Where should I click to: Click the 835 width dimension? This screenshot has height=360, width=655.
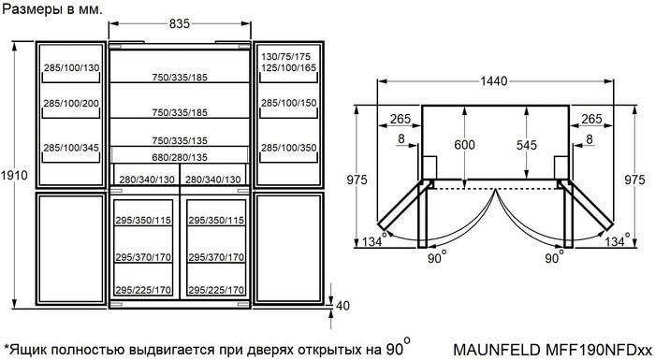180,23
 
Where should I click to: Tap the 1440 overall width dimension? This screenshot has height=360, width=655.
494,81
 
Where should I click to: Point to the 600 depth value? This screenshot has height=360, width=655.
464,145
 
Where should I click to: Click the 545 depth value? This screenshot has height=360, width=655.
526,145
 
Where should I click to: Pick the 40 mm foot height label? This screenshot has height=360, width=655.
342,306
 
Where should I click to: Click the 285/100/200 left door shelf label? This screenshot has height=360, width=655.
71,103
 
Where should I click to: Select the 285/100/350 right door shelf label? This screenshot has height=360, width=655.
288,148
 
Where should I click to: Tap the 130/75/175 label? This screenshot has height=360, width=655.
286,57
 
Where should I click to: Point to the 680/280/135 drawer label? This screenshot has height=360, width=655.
180,157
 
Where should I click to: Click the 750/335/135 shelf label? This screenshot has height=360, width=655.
180,141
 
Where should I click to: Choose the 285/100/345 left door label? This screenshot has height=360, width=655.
71,148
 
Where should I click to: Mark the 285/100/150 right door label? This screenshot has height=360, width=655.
288,103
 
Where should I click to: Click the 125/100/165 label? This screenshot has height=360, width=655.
288,67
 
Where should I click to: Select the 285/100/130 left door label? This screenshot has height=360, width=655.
71,67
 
